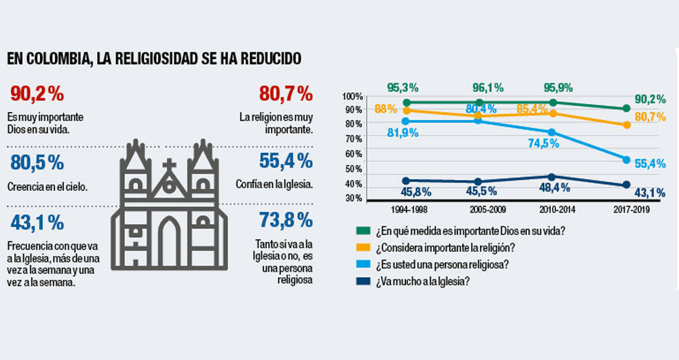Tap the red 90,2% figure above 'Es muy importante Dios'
pos(37,94)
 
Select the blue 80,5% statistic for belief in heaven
pos(37,162)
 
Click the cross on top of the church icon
pos(169,166)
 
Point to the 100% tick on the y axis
pos(352,96)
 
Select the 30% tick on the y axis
pos(353,198)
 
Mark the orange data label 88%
pos(385,109)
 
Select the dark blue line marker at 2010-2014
pos(552,177)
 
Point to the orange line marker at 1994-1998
pos(406,110)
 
